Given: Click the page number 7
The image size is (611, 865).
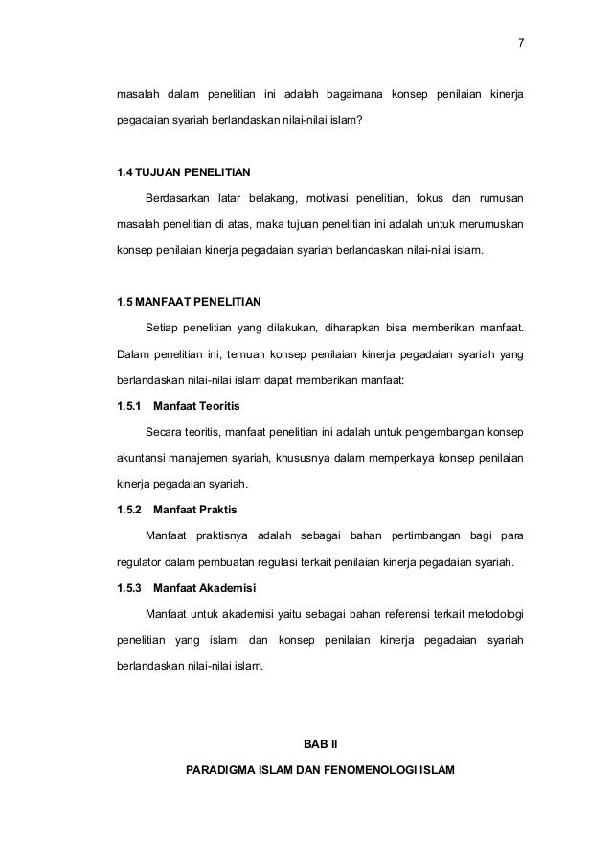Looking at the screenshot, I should coord(519,44).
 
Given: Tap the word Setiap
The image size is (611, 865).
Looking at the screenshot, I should coord(162,329).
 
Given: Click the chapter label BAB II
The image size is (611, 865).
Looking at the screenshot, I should coord(315,742).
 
